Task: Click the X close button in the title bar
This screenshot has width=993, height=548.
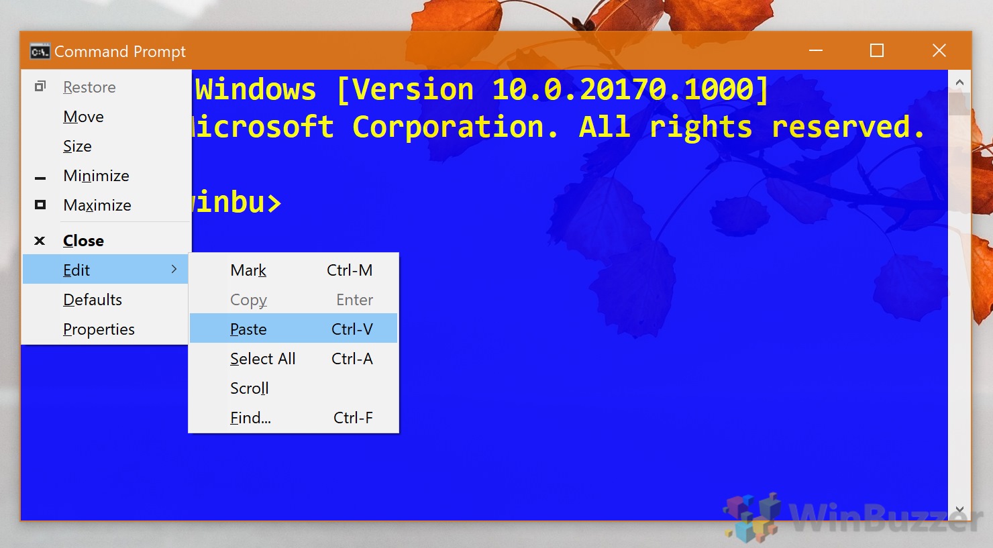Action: [x=939, y=50]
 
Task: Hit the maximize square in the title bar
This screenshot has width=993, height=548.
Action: [x=876, y=50]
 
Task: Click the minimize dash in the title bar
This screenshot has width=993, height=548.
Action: [x=816, y=50]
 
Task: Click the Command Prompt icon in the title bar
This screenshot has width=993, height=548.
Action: [x=40, y=52]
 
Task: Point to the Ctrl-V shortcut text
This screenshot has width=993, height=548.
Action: [x=352, y=329]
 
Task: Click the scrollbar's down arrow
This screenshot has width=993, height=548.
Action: [x=959, y=510]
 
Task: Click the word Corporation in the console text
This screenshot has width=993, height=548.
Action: [x=456, y=127]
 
